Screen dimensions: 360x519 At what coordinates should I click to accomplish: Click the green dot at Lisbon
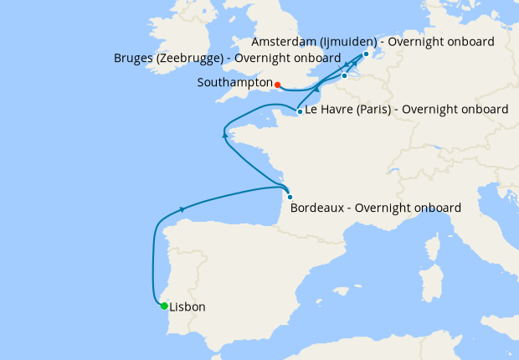[x=164, y=306]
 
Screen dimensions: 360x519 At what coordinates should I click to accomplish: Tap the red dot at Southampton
[x=277, y=84]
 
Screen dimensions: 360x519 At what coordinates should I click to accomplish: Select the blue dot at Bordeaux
[x=290, y=197]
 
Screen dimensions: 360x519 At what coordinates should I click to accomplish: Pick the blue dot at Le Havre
[x=300, y=111]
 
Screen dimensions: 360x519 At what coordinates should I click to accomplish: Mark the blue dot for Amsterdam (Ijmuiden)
[x=366, y=54]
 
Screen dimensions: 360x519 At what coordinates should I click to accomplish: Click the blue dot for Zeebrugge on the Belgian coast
[x=344, y=76]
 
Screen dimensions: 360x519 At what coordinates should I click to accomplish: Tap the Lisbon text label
[x=187, y=307]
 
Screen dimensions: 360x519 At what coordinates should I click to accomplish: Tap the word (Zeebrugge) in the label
[x=194, y=59]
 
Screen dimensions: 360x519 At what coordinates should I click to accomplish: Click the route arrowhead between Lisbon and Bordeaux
[x=182, y=209]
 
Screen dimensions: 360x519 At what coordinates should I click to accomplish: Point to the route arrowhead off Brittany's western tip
[x=224, y=133]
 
